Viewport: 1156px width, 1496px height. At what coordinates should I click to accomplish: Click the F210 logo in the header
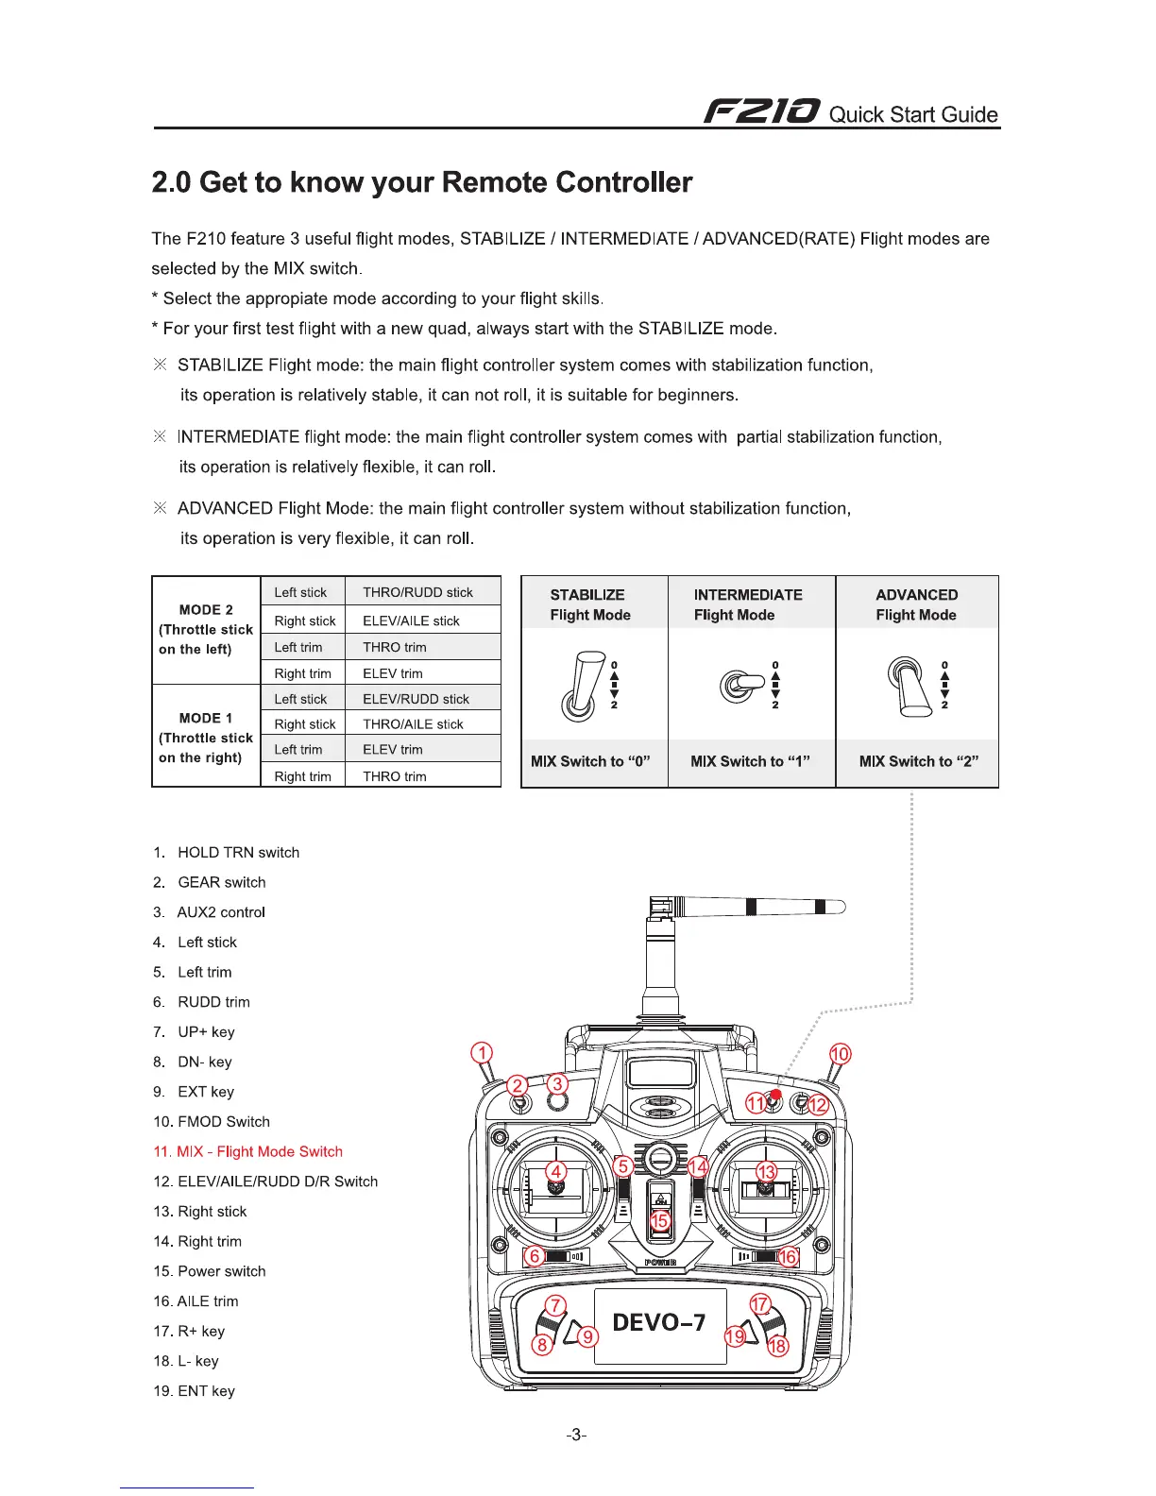pyautogui.click(x=762, y=112)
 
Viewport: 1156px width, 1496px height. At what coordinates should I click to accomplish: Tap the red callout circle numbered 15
pyautogui.click(x=659, y=1219)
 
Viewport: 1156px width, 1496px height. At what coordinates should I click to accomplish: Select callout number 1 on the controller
pyautogui.click(x=482, y=1053)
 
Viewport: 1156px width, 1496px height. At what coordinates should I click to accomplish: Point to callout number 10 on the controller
pyautogui.click(x=840, y=1054)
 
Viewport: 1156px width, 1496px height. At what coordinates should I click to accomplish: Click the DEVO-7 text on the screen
pyautogui.click(x=659, y=1322)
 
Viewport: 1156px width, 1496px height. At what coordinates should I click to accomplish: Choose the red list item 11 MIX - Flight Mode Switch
pyautogui.click(x=247, y=1151)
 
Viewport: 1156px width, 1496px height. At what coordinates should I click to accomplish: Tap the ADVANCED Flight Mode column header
pyautogui.click(x=916, y=604)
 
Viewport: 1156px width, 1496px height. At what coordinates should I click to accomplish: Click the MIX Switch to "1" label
pyautogui.click(x=750, y=761)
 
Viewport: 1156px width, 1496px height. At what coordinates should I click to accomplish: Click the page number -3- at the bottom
pyautogui.click(x=576, y=1436)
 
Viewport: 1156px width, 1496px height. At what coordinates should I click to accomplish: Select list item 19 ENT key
pyautogui.click(x=195, y=1390)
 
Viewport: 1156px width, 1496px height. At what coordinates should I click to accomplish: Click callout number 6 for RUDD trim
pyautogui.click(x=535, y=1256)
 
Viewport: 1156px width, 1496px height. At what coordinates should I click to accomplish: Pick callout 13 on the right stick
pyautogui.click(x=766, y=1172)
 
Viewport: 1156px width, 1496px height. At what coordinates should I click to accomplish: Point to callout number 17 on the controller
pyautogui.click(x=760, y=1305)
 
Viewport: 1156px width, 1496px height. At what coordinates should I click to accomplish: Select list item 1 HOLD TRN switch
pyautogui.click(x=227, y=852)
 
